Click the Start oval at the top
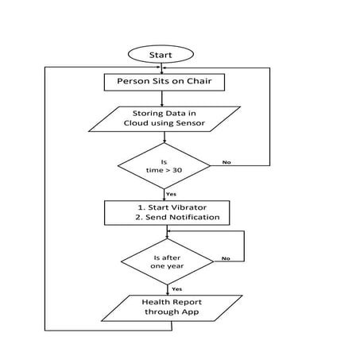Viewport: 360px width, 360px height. tap(162, 54)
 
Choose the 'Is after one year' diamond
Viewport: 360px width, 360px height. tap(167, 262)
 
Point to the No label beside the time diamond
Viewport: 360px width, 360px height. tap(226, 163)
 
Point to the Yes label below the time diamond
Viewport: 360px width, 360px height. tap(170, 193)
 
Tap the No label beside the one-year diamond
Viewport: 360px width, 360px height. tap(226, 258)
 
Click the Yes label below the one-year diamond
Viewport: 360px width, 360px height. tap(176, 288)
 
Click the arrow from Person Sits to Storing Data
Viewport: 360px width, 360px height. tap(162, 98)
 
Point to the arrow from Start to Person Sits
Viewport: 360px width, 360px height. tap(162, 68)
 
